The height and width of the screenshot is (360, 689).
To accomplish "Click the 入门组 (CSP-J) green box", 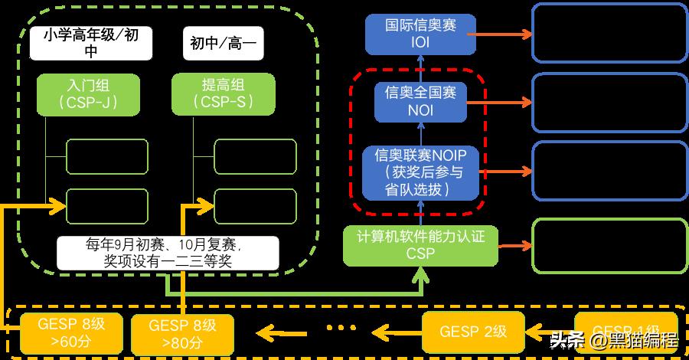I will (x=89, y=93).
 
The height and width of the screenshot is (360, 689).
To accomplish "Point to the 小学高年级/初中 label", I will (x=89, y=44).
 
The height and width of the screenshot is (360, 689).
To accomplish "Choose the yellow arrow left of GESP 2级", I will (x=398, y=332).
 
